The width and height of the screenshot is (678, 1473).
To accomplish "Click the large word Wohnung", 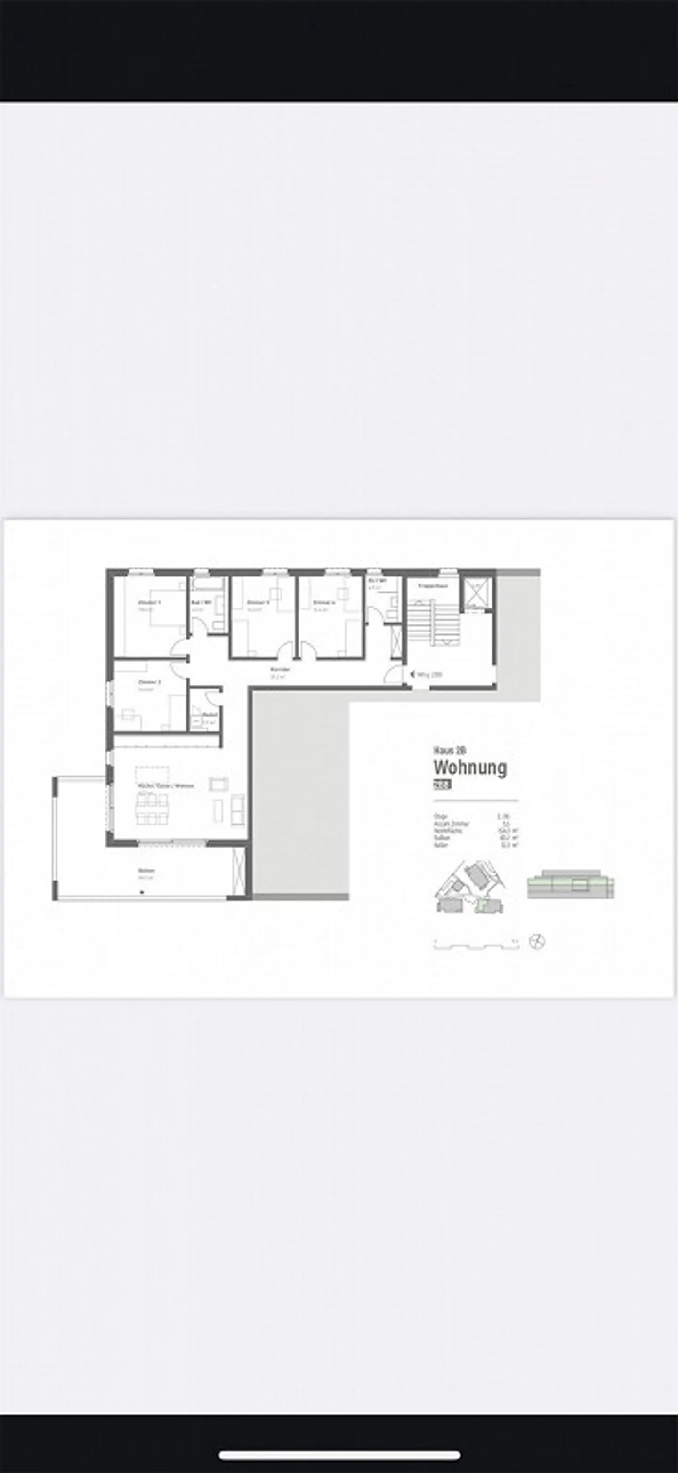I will (470, 768).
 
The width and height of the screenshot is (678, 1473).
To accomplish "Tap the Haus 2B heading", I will (450, 751).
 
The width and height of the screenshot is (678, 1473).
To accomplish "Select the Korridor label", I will (280, 669).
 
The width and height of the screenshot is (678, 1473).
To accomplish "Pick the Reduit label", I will (210, 715).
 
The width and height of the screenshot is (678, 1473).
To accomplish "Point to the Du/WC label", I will (377, 580).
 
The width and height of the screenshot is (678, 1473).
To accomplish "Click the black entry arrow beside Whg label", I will (412, 675).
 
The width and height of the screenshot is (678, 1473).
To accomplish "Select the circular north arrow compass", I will (537, 941).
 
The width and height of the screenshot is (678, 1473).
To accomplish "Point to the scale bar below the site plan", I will (476, 944).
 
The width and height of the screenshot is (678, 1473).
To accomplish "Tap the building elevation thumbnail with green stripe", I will (571, 885).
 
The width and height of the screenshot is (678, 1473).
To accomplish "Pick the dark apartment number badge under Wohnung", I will (442, 785).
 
